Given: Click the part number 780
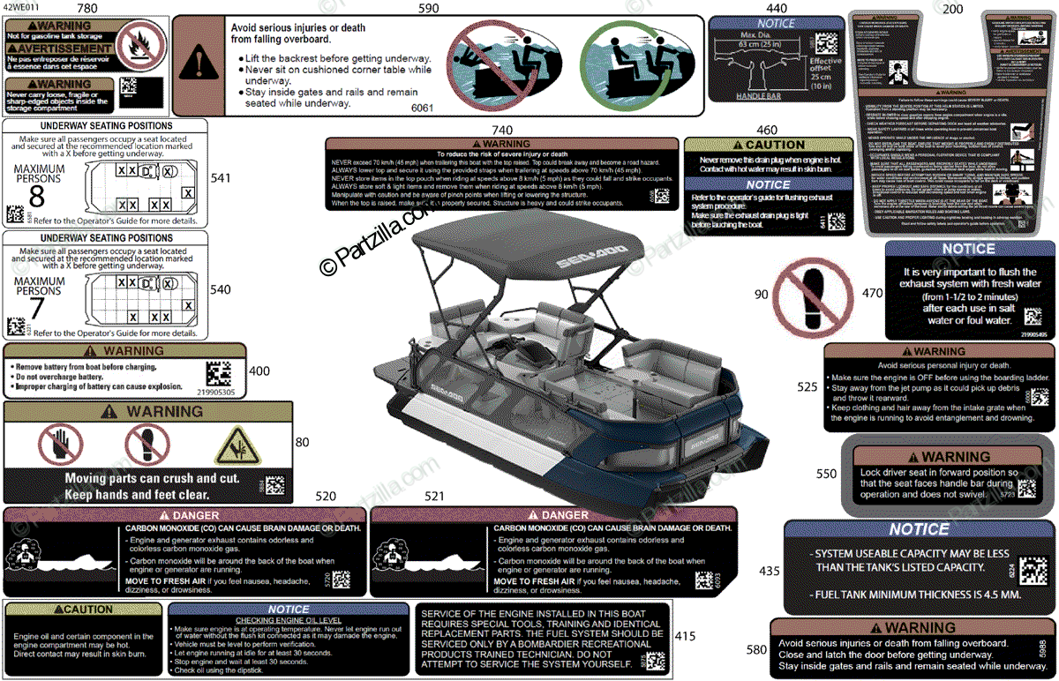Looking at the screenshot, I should pos(87,8).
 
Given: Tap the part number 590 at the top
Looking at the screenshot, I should pos(428,8).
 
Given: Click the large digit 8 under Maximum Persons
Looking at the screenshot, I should pos(36,196).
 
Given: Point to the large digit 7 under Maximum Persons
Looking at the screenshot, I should pos(36,308).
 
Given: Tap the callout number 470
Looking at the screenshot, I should pos(872,293).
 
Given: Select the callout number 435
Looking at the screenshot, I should pos(770,571).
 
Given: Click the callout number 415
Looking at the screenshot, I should pos(685,635).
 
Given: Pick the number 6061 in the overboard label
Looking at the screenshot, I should pos(423,108).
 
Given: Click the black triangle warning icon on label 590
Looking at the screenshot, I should pos(199,64).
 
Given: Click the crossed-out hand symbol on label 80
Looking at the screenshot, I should pos(60,445).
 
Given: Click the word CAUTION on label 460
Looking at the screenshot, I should pos(775,145).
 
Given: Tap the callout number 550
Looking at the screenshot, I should pos(826,474).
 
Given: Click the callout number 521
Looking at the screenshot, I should pos(434,497).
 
